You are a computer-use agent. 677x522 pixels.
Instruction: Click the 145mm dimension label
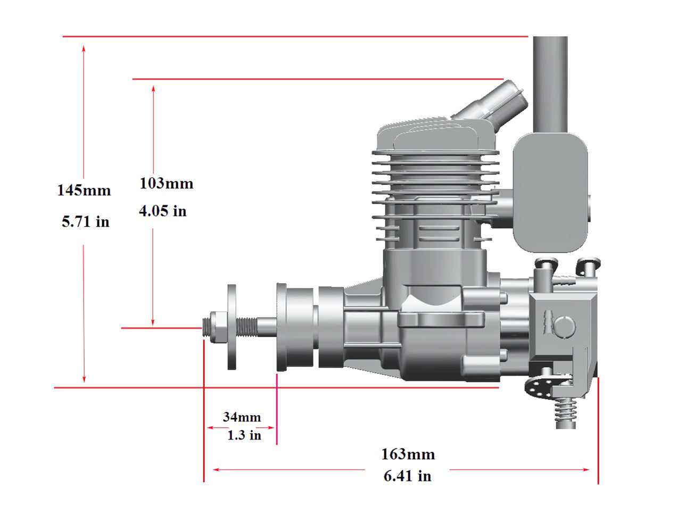[84, 190]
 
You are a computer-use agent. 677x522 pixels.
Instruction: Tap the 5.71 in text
[86, 222]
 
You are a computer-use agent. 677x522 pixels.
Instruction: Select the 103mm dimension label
[167, 183]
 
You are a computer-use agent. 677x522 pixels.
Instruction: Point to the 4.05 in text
[163, 211]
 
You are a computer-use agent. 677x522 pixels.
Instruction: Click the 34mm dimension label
[242, 417]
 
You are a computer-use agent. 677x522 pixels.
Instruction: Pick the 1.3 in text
[244, 435]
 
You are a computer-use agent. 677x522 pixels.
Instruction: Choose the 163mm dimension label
[408, 454]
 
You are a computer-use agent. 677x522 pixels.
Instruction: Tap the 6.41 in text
[408, 476]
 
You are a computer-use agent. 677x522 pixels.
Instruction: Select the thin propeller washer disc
[232, 327]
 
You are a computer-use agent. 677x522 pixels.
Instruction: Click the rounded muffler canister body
[550, 192]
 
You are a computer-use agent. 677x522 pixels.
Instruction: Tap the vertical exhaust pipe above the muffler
[550, 85]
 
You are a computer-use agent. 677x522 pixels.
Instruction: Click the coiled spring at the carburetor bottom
[565, 411]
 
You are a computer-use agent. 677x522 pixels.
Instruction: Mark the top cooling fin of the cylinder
[435, 153]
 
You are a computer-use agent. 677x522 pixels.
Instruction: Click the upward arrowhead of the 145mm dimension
[84, 48]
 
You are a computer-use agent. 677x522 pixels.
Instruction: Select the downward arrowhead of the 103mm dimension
[153, 322]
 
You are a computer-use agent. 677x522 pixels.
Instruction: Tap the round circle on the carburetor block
[565, 326]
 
